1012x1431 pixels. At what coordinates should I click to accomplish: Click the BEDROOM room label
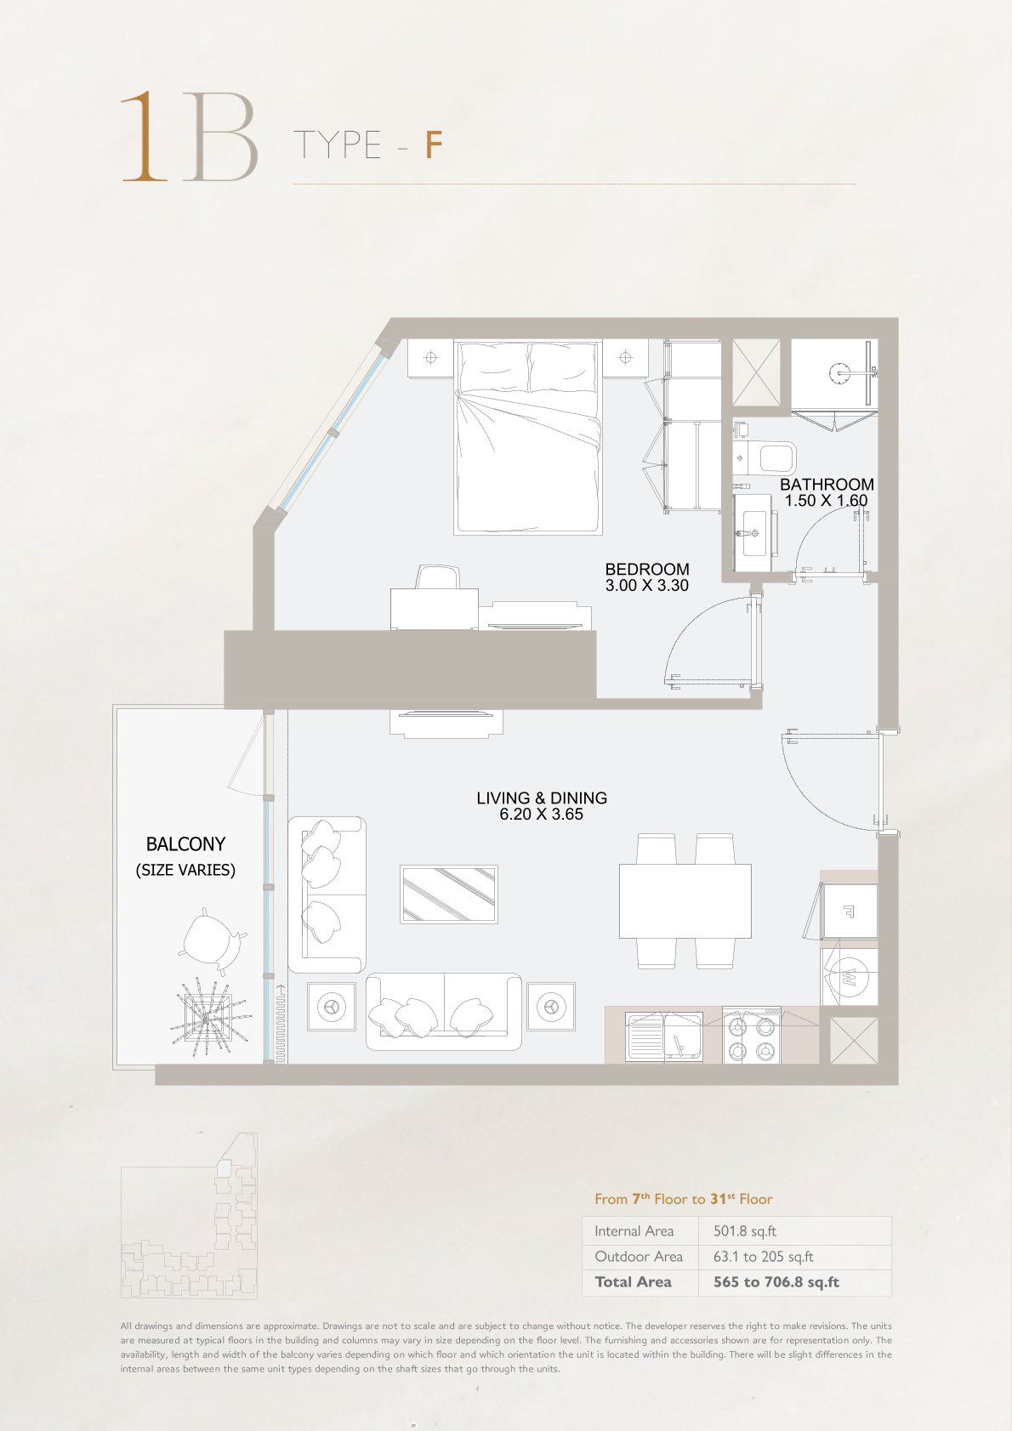pyautogui.click(x=646, y=569)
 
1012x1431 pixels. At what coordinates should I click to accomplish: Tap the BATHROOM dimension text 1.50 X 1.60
pyautogui.click(x=826, y=501)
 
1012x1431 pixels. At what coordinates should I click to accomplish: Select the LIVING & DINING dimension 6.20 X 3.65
pyautogui.click(x=542, y=814)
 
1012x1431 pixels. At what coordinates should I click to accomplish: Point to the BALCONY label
pyautogui.click(x=185, y=844)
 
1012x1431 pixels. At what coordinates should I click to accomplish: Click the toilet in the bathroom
pyautogui.click(x=765, y=458)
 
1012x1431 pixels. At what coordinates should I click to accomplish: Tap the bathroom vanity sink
pyautogui.click(x=755, y=533)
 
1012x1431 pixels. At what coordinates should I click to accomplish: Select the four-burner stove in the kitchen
pyautogui.click(x=751, y=1035)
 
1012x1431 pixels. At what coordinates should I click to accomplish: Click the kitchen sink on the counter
pyautogui.click(x=664, y=1036)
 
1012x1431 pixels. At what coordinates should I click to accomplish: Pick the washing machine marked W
pyautogui.click(x=849, y=978)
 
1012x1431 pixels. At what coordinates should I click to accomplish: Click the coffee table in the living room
pyautogui.click(x=448, y=894)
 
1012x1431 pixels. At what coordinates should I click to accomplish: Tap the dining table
pyautogui.click(x=685, y=900)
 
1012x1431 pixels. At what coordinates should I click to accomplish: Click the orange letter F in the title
pyautogui.click(x=434, y=145)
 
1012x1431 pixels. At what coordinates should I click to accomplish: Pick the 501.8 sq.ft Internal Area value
pyautogui.click(x=745, y=1231)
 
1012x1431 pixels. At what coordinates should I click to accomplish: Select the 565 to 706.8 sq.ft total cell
pyautogui.click(x=776, y=1282)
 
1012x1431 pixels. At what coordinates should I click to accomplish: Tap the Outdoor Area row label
pyautogui.click(x=639, y=1257)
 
